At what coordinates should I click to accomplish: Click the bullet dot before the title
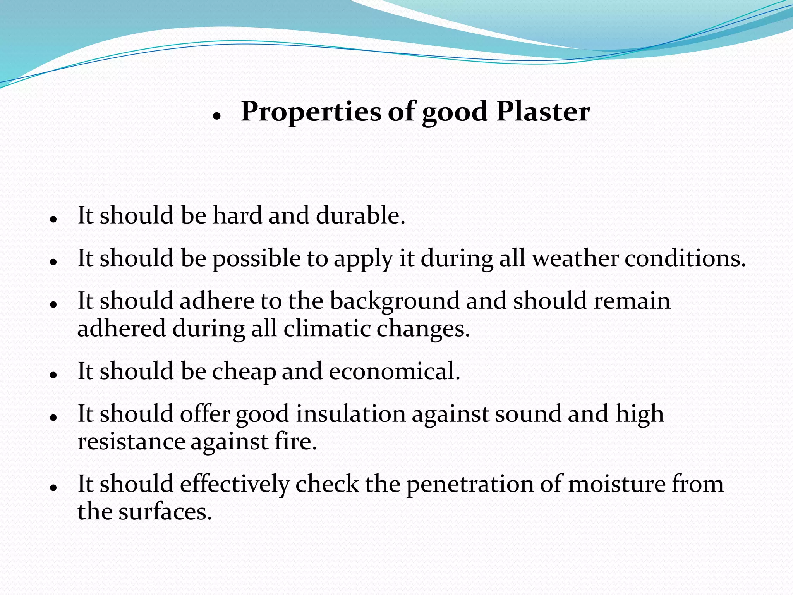click(x=216, y=116)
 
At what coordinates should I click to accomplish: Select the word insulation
click(x=351, y=414)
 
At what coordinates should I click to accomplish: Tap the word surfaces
click(x=165, y=512)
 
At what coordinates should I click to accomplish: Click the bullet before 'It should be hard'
click(x=54, y=220)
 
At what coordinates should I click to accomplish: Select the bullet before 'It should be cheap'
click(x=54, y=375)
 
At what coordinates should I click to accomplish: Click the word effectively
click(x=235, y=485)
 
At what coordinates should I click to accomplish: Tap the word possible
click(x=256, y=259)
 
